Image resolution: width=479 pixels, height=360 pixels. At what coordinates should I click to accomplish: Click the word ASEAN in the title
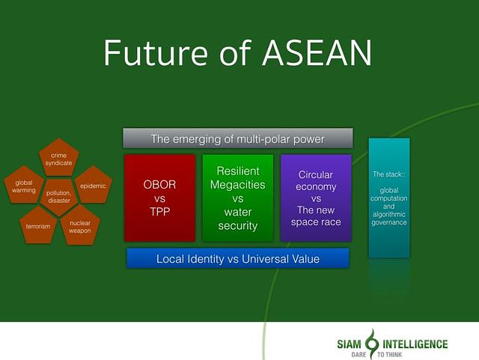317,52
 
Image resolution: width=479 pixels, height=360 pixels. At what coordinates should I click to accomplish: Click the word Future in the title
156,52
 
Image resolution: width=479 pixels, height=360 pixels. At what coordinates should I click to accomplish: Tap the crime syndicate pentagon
59,158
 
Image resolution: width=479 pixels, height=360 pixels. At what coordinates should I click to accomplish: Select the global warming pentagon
24,185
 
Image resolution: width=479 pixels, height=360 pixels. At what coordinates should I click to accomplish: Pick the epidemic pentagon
94,185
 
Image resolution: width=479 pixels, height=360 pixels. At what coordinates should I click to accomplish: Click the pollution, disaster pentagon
59,197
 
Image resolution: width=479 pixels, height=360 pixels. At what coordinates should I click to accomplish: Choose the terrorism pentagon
38,225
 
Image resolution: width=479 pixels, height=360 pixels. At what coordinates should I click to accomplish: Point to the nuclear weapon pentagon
80,225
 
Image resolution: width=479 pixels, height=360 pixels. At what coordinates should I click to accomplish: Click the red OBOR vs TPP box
159,198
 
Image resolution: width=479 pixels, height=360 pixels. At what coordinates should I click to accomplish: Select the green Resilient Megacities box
238,198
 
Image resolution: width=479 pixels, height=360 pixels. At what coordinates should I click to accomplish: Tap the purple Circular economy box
316,198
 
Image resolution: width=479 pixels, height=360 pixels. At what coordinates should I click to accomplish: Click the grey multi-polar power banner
238,138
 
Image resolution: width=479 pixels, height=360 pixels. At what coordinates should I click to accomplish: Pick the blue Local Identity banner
238,258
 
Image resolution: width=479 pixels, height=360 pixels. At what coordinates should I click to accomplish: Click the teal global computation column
389,198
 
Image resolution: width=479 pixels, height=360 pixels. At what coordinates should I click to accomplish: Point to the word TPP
159,212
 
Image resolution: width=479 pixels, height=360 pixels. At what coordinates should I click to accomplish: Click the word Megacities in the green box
238,185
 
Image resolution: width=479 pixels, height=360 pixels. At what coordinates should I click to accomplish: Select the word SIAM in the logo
349,344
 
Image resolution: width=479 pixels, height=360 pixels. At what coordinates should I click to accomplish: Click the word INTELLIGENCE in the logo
415,344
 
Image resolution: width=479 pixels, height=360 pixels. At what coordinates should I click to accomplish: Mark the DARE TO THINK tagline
376,355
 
